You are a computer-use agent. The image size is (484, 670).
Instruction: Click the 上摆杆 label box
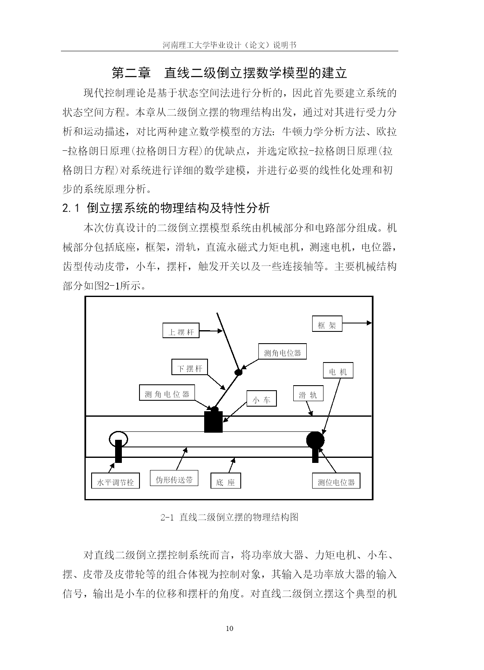pyautogui.click(x=181, y=330)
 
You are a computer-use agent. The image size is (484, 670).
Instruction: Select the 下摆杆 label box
pyautogui.click(x=189, y=367)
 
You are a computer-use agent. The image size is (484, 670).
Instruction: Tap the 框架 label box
pyautogui.click(x=327, y=323)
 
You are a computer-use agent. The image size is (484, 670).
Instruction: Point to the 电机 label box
pyautogui.click(x=338, y=370)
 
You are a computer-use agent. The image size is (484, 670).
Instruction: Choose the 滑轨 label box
pyautogui.click(x=308, y=393)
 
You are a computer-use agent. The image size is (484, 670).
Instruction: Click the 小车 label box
pyautogui.click(x=261, y=398)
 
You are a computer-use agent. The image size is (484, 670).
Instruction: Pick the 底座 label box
pyautogui.click(x=226, y=481)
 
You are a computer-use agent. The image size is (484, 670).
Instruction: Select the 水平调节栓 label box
pyautogui.click(x=116, y=481)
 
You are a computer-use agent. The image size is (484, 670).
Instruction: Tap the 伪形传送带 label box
pyautogui.click(x=174, y=478)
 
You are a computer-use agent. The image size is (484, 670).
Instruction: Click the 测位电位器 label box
pyautogui.click(x=336, y=481)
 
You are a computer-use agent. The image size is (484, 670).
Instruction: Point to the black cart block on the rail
pyautogui.click(x=213, y=422)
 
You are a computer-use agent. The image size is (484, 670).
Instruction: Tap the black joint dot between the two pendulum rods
pyautogui.click(x=238, y=373)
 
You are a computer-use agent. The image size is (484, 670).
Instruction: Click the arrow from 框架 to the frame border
pyautogui.click(x=357, y=323)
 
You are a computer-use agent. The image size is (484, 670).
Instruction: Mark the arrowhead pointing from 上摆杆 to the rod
pyautogui.click(x=221, y=331)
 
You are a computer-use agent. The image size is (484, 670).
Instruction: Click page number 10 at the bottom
pyautogui.click(x=229, y=628)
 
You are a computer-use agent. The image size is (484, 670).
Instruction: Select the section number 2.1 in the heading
pyautogui.click(x=71, y=208)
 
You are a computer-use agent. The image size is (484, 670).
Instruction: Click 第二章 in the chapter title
pyautogui.click(x=131, y=73)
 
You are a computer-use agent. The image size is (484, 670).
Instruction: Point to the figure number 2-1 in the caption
pyautogui.click(x=167, y=517)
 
